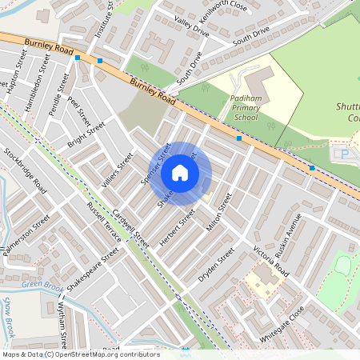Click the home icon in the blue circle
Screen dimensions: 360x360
tap(180, 172)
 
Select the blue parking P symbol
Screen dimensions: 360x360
tap(345, 154)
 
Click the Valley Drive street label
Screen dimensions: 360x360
tap(191, 29)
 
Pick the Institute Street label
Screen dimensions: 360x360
tap(103, 18)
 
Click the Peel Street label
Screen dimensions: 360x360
tap(79, 111)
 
